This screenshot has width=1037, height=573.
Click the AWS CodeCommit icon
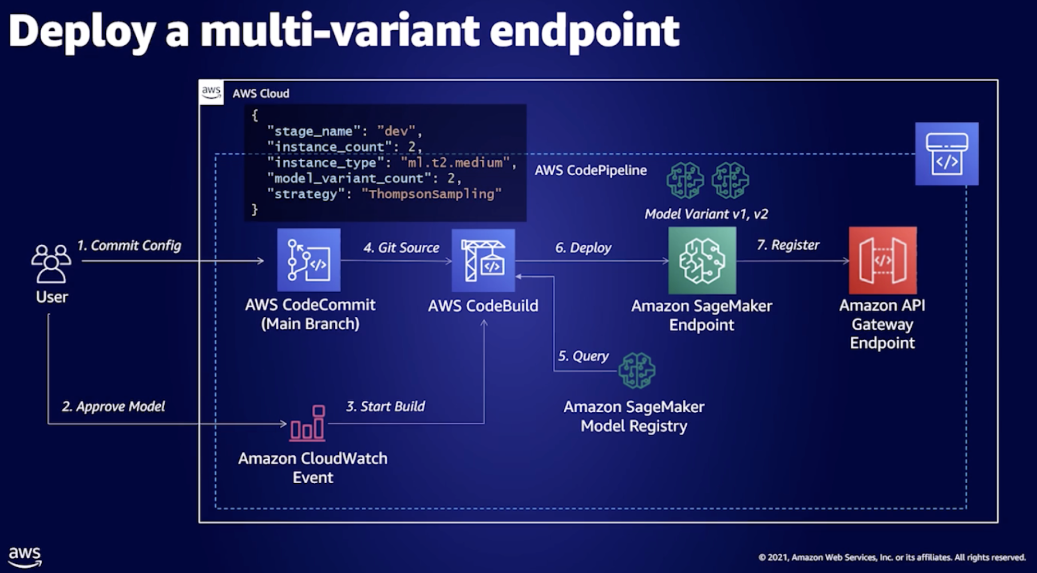(x=308, y=260)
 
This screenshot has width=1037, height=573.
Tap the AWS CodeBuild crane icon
(x=483, y=261)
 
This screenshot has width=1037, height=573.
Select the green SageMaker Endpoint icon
(x=702, y=260)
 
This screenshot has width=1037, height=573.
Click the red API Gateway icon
(x=882, y=260)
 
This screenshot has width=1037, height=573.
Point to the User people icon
(x=52, y=264)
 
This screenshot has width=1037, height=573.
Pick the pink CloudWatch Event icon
(x=308, y=423)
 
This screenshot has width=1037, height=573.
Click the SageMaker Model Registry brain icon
(x=637, y=371)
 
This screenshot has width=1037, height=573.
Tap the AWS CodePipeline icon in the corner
(x=947, y=154)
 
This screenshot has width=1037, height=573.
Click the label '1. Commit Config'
(x=129, y=245)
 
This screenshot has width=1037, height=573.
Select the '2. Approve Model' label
(x=113, y=407)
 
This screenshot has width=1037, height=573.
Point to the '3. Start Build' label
(x=386, y=407)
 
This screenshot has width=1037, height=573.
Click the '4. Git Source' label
(x=401, y=248)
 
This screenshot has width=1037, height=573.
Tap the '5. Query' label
(x=583, y=356)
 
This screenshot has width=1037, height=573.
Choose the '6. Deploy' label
(x=583, y=248)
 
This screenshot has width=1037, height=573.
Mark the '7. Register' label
(x=788, y=245)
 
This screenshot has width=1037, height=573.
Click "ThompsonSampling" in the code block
(x=432, y=194)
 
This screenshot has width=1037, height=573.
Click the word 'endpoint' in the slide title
(x=584, y=32)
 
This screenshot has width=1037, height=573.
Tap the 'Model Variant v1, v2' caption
(x=706, y=214)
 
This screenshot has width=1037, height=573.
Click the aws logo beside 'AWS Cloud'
(x=211, y=92)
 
